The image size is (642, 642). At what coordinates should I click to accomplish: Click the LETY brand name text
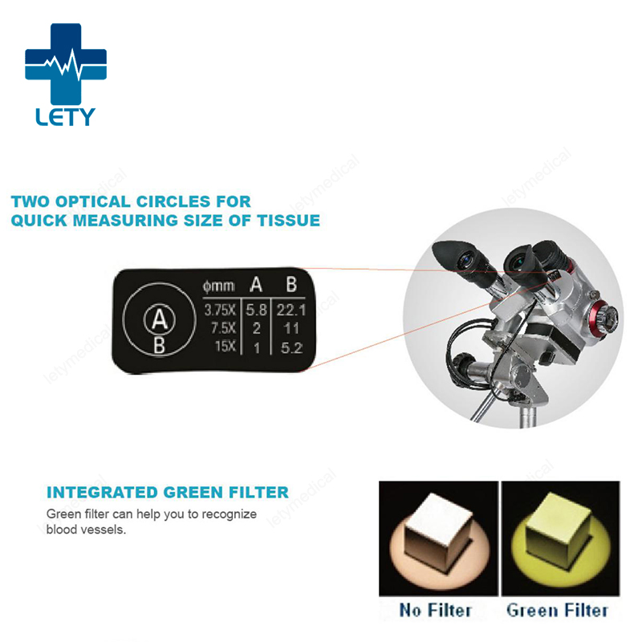tap(65, 116)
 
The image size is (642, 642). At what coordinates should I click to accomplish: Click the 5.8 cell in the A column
tap(255, 311)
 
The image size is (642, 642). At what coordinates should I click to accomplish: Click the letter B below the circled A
tap(159, 346)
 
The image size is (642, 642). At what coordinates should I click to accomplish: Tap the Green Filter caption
tap(558, 610)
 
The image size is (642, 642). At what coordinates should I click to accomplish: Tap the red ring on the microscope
tap(598, 317)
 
